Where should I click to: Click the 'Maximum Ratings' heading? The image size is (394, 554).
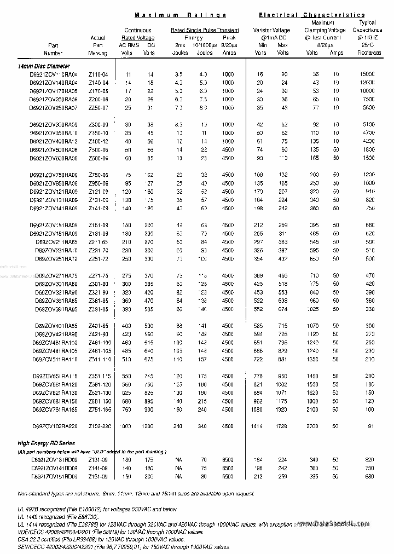(x=180, y=15)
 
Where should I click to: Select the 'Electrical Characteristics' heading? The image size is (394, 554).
(x=311, y=15)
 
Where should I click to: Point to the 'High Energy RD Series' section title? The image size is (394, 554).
(x=46, y=442)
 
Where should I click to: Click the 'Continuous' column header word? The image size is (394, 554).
(x=137, y=31)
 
